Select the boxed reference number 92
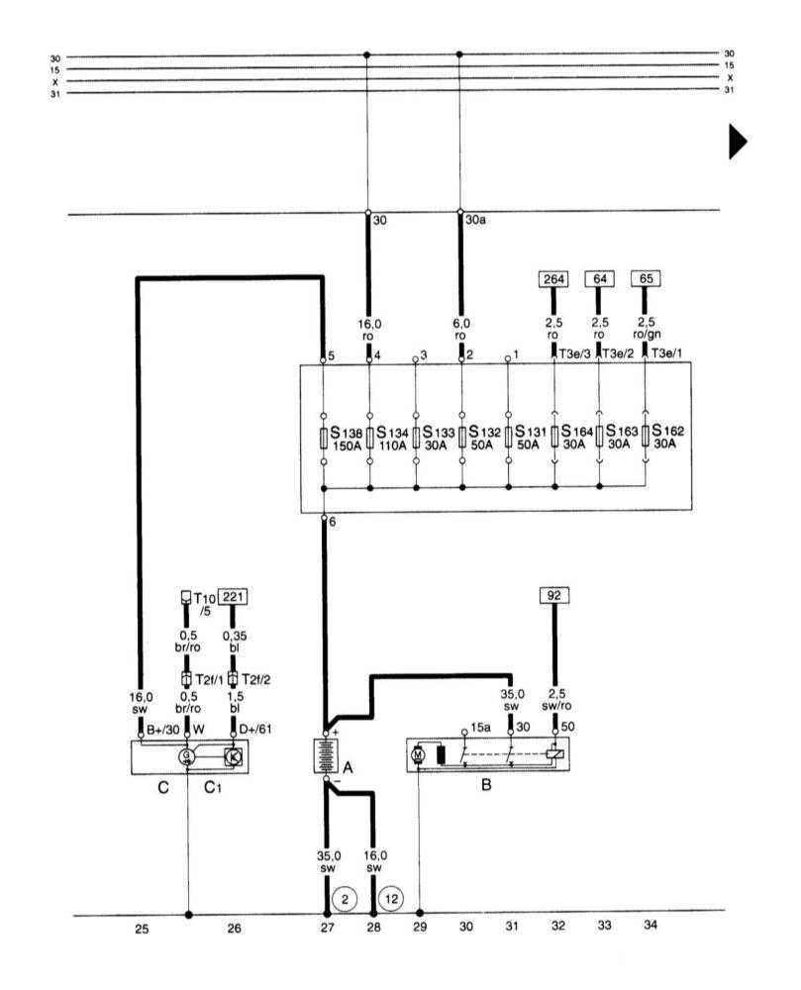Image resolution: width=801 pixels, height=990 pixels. [x=553, y=596]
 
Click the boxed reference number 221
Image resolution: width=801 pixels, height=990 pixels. [x=234, y=596]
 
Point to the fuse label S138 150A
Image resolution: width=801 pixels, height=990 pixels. [x=346, y=440]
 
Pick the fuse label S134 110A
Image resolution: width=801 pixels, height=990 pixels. [x=389, y=440]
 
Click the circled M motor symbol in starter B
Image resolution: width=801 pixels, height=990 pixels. [x=418, y=756]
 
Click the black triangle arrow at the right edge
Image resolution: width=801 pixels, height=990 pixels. [x=736, y=142]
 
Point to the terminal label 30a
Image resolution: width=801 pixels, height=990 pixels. [x=477, y=223]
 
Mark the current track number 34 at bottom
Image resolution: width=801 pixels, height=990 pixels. [x=650, y=927]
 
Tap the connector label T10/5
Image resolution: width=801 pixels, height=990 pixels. [x=204, y=604]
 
